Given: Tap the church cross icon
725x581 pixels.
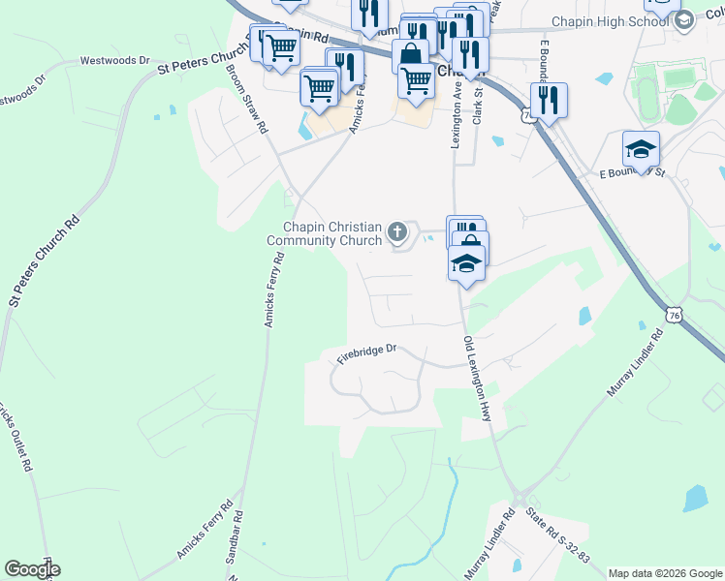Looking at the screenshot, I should point(396,231).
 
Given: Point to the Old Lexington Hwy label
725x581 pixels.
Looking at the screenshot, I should point(478,378).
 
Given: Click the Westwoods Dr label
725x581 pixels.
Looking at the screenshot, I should point(114,60).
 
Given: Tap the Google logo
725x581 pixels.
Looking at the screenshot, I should point(32,569).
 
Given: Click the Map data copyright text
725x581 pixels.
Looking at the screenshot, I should point(664,572).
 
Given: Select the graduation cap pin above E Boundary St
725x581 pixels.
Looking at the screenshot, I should point(641,150).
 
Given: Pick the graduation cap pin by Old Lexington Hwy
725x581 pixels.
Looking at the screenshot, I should point(466,262).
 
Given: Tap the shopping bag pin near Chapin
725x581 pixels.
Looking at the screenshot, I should point(410,55).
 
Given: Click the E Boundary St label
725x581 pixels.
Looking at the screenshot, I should point(632,173).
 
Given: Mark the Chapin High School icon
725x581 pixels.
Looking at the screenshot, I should point(684,21).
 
